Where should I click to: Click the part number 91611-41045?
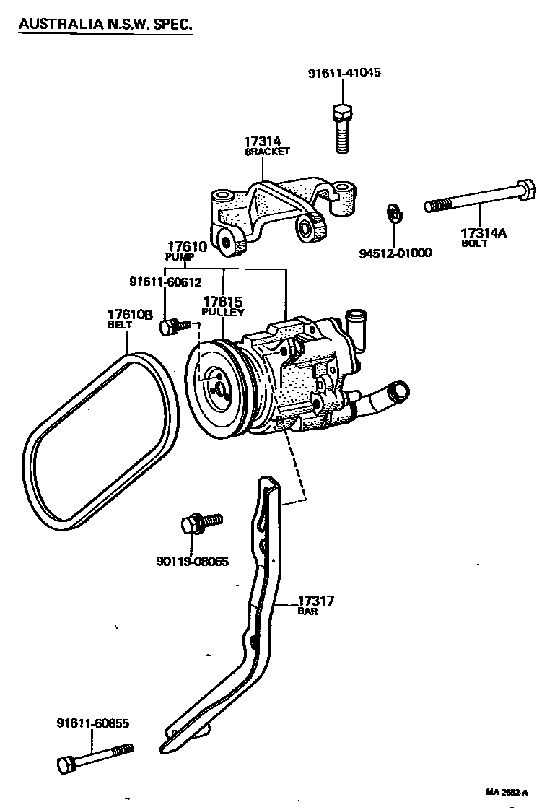pos(344,74)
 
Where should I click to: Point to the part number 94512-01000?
pos(395,253)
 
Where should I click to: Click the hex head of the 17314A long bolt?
pos(526,191)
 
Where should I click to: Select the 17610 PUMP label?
pos(187,251)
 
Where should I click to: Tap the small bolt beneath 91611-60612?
pos(172,327)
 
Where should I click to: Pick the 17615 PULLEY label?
pos(223,306)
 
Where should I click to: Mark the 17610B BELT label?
pos(130,318)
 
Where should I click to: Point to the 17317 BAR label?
pos(315,604)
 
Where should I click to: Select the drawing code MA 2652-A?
pos(507,792)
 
